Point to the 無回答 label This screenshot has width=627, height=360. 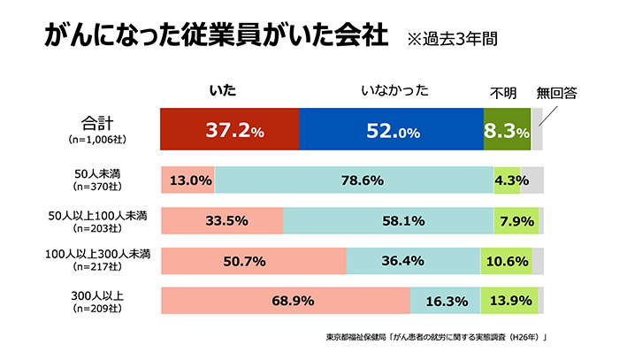(556, 92)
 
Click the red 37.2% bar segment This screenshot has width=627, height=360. (230, 130)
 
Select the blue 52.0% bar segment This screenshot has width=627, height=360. (392, 130)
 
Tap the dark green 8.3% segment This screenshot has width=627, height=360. (507, 130)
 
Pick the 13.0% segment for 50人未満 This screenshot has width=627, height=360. (187, 180)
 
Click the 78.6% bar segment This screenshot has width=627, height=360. (355, 180)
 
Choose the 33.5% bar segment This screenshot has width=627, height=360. (222, 221)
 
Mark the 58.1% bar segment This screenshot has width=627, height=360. (388, 221)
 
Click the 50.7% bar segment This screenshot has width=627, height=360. (254, 261)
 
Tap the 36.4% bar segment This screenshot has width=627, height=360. (413, 261)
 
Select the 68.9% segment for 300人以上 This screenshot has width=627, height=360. (285, 301)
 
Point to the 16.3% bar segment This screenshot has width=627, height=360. (445, 301)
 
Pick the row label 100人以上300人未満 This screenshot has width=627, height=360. (98, 255)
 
